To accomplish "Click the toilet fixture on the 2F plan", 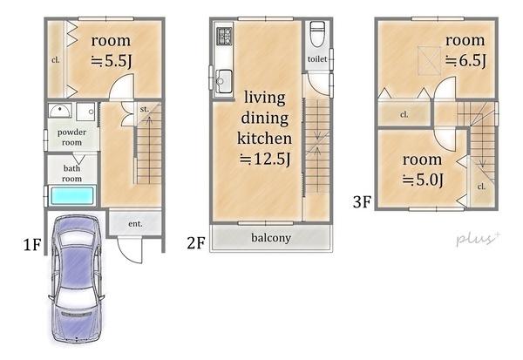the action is [317, 34].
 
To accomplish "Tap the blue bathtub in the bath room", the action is [72, 196].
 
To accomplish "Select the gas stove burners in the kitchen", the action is [224, 36].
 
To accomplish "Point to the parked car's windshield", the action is [78, 238].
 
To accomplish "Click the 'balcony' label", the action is [271, 238].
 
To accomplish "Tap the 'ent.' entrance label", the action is [135, 224].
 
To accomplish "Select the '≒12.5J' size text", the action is [265, 159].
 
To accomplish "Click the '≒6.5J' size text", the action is [465, 61].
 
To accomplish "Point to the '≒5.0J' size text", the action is [423, 180].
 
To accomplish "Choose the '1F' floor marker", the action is [32, 245].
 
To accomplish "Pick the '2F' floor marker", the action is [196, 243].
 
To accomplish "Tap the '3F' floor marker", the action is [362, 202].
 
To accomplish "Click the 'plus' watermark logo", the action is [478, 239].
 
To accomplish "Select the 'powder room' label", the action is [71, 137].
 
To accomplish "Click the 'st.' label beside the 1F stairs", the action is [145, 109].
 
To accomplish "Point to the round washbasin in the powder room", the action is [60, 111].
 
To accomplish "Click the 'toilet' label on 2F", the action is [317, 59].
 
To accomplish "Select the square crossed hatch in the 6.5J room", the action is [429, 60].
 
